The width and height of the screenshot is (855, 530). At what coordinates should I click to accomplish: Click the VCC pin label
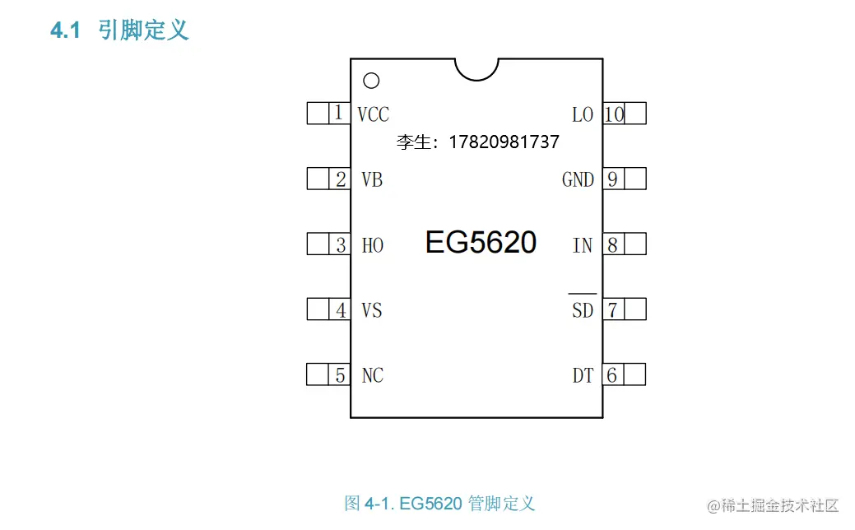(373, 114)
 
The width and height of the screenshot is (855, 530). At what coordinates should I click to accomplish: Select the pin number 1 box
(338, 114)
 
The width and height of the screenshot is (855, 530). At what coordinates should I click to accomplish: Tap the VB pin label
(372, 179)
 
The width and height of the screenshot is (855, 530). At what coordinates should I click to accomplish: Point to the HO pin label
(372, 245)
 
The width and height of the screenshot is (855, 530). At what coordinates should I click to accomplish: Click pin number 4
(340, 310)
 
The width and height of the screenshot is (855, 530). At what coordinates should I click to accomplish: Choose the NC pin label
(372, 376)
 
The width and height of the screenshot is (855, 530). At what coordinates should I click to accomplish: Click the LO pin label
(582, 114)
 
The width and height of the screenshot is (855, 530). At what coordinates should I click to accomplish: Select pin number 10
(614, 114)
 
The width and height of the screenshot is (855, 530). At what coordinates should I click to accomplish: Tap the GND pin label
(578, 179)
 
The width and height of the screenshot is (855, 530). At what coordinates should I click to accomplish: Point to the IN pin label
(582, 245)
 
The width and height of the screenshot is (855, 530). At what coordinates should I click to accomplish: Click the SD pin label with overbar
(582, 309)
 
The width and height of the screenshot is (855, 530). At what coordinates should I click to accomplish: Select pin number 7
(612, 309)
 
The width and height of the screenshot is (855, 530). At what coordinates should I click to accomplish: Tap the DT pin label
(583, 376)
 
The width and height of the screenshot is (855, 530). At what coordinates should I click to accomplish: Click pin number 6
(611, 375)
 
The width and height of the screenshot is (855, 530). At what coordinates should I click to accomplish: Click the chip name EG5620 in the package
(481, 243)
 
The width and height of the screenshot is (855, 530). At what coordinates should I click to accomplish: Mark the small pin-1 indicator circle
(371, 81)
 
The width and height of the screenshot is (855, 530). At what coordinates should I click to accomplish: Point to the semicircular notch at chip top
(477, 67)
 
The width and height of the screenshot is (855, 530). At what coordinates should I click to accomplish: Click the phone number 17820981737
(504, 142)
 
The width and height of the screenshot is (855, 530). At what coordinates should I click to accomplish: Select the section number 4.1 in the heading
(65, 31)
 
